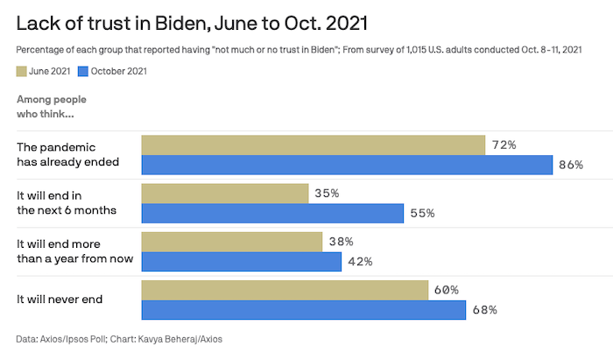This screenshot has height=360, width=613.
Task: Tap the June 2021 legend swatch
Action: (22, 71)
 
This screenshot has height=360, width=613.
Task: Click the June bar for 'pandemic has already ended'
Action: (314, 145)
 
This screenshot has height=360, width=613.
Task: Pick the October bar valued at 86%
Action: (347, 165)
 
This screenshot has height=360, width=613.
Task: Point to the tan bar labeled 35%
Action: (225, 193)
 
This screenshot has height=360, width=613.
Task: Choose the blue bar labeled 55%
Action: (272, 213)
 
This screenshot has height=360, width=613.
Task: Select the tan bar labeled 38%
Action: (232, 241)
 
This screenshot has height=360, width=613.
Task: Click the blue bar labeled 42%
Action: (242, 261)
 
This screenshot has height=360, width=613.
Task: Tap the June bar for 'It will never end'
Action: (285, 290)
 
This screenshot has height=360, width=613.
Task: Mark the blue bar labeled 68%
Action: (304, 310)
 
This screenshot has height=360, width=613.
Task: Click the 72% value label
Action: (504, 145)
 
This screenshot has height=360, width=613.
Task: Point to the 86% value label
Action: (571, 165)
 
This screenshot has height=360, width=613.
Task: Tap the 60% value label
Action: (446, 290)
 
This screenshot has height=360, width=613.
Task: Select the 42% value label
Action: (360, 261)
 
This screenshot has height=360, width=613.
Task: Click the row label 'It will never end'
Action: (60, 300)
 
